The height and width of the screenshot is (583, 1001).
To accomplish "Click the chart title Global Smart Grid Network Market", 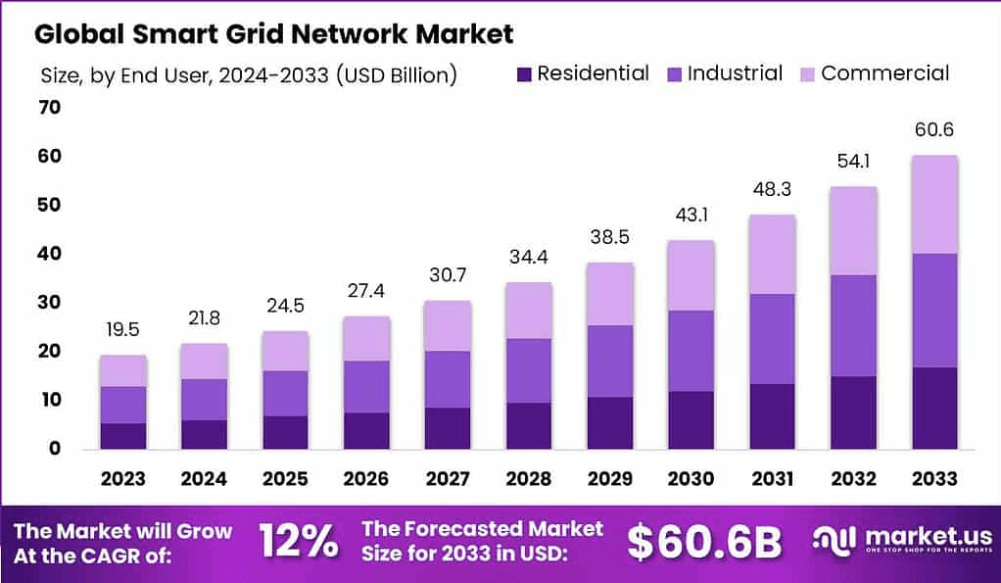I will [x=273, y=34].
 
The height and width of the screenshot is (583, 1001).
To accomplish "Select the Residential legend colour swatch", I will [x=523, y=73].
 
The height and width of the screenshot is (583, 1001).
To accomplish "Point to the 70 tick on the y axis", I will [x=49, y=108].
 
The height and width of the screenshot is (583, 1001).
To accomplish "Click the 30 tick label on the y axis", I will [x=49, y=303].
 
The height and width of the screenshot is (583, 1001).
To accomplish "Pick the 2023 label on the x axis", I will [x=122, y=479].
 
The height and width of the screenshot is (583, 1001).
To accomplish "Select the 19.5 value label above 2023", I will [x=122, y=330].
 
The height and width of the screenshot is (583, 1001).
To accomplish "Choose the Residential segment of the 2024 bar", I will [x=204, y=434].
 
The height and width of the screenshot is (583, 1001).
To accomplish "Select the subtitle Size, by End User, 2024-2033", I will [x=249, y=74].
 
